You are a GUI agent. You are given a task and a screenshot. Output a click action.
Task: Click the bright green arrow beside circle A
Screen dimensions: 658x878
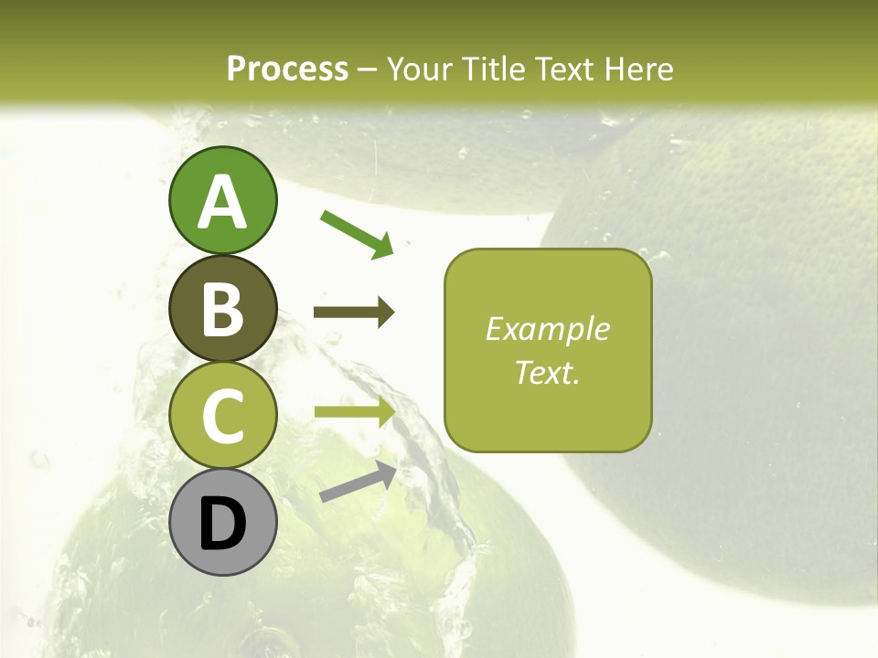(357, 233)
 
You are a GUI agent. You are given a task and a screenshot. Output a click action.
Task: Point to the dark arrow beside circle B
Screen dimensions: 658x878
(354, 313)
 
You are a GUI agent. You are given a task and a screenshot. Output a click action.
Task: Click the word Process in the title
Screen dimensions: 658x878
(287, 69)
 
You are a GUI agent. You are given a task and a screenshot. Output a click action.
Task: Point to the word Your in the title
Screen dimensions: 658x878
(421, 69)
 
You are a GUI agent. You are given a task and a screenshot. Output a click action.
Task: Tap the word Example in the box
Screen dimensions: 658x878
(548, 329)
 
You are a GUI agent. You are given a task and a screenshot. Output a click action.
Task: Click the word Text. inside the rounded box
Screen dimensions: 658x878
(548, 372)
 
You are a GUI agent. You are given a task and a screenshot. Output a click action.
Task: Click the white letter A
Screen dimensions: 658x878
(222, 202)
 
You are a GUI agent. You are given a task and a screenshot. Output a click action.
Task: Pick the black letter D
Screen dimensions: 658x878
(222, 524)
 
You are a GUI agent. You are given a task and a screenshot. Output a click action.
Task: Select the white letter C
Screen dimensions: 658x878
(222, 417)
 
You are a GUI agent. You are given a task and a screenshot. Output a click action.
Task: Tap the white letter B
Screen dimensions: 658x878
(222, 310)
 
